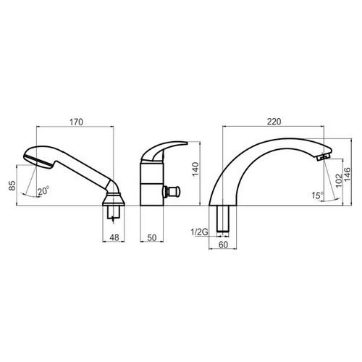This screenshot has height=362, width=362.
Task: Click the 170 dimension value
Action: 76,122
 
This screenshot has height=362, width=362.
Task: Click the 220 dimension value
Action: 274,122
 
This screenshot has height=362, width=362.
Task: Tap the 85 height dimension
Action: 12,185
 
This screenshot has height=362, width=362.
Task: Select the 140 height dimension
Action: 195,169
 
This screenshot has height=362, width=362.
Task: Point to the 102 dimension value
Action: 339,180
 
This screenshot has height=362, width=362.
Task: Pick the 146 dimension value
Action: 347,175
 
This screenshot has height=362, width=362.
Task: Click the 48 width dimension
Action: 114,237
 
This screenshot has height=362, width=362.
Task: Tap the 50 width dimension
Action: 152,237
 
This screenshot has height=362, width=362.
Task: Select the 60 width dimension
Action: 223,245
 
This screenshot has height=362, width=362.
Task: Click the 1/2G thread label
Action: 199,232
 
